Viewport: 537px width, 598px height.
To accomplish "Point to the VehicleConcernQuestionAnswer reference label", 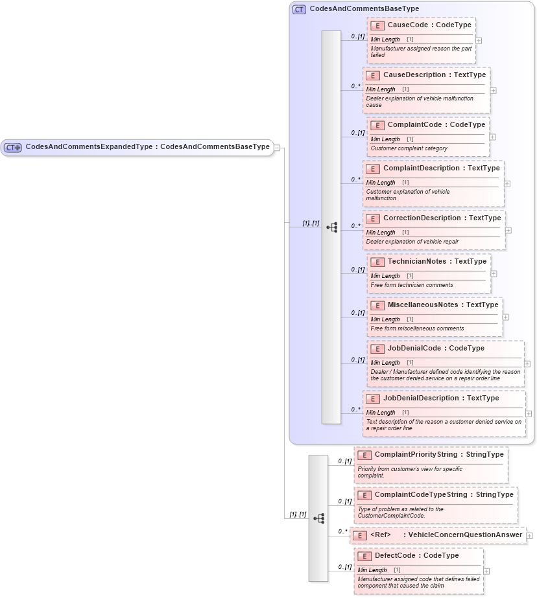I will point(462,535).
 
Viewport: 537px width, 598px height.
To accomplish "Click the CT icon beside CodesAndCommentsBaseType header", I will point(299,10).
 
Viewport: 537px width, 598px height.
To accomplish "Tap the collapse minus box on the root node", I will point(277,148).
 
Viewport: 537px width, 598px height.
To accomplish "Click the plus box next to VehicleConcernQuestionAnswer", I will point(529,536).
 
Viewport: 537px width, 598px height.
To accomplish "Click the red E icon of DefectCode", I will point(364,556).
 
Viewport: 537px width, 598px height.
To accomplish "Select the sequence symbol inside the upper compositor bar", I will point(331,227).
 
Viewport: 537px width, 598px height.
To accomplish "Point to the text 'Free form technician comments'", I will point(412,285).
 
